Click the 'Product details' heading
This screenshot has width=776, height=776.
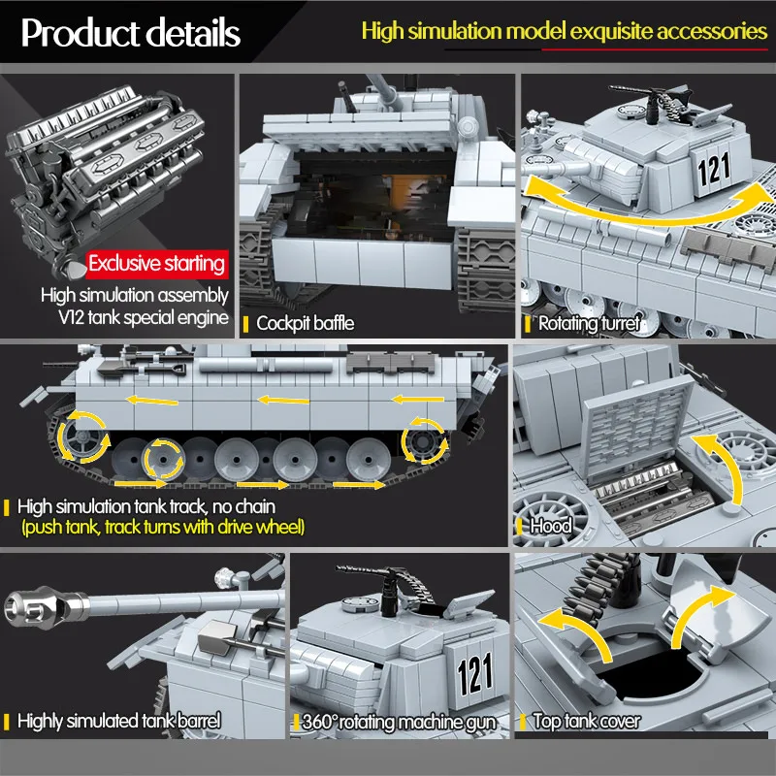click(x=130, y=33)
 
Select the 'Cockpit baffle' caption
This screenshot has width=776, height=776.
click(x=305, y=323)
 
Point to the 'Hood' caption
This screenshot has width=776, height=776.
click(x=550, y=526)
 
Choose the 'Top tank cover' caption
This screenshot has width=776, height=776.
click(x=586, y=721)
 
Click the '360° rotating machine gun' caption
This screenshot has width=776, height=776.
click(x=399, y=722)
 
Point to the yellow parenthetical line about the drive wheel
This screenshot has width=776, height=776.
click(x=163, y=528)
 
